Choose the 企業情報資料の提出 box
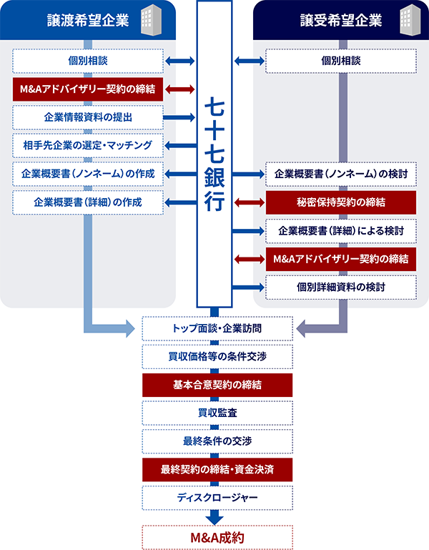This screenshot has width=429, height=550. click(87, 117)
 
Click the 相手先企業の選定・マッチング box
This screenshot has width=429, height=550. click(87, 145)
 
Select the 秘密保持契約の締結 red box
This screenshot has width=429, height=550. click(340, 202)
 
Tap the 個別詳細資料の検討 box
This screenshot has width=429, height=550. click(340, 287)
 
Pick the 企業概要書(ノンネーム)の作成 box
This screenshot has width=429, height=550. click(87, 174)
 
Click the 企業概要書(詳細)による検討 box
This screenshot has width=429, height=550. click(340, 230)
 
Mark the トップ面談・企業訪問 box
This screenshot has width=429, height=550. click(217, 328)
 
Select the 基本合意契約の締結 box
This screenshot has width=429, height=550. click(217, 385)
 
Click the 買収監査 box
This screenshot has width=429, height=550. click(217, 413)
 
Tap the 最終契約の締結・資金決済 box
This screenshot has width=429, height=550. click(217, 469)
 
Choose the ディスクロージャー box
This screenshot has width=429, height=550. click(217, 497)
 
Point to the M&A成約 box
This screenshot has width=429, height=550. click(217, 536)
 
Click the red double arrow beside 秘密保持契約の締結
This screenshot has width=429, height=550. click(250, 202)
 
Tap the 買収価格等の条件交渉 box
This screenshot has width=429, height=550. click(217, 356)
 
